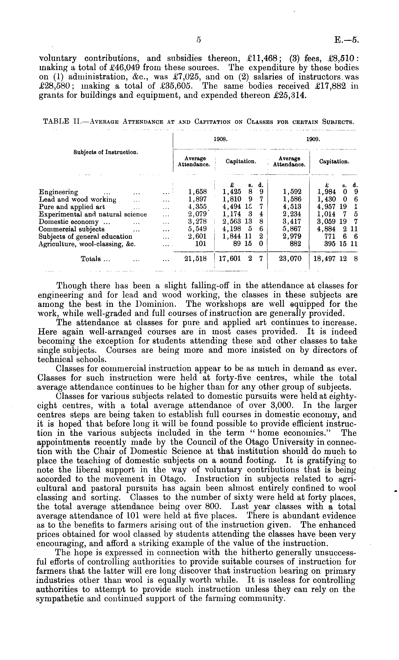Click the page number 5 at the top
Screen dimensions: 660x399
pos(198,40)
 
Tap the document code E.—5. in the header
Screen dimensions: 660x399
pos(346,40)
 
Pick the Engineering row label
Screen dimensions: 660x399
pos(58,192)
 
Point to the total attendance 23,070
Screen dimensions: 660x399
pos(290,259)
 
